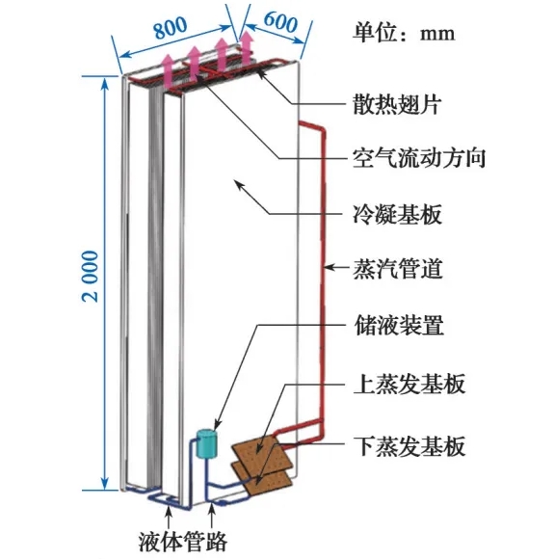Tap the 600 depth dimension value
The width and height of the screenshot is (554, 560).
coord(280,21)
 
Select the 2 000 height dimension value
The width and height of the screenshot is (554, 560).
coord(90,276)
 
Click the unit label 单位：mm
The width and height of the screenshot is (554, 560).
coord(404,33)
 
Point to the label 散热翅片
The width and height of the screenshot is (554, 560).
coord(397,104)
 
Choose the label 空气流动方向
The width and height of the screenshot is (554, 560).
coord(419,157)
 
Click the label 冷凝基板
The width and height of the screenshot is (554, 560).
coord(397,214)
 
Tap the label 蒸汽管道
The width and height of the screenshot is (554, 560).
coord(398,268)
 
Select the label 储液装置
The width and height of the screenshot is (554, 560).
coord(398,325)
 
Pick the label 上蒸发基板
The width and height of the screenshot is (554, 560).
coord(409,384)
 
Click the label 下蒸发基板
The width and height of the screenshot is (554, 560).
coord(409,445)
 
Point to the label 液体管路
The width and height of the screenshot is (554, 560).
coord(183,542)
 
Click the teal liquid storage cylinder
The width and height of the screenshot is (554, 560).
coord(207,443)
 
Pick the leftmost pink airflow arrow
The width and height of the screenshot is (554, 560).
coord(168,71)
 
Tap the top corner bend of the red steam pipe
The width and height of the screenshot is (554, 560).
coord(322,127)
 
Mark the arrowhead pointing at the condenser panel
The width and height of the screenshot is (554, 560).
coord(238,185)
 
